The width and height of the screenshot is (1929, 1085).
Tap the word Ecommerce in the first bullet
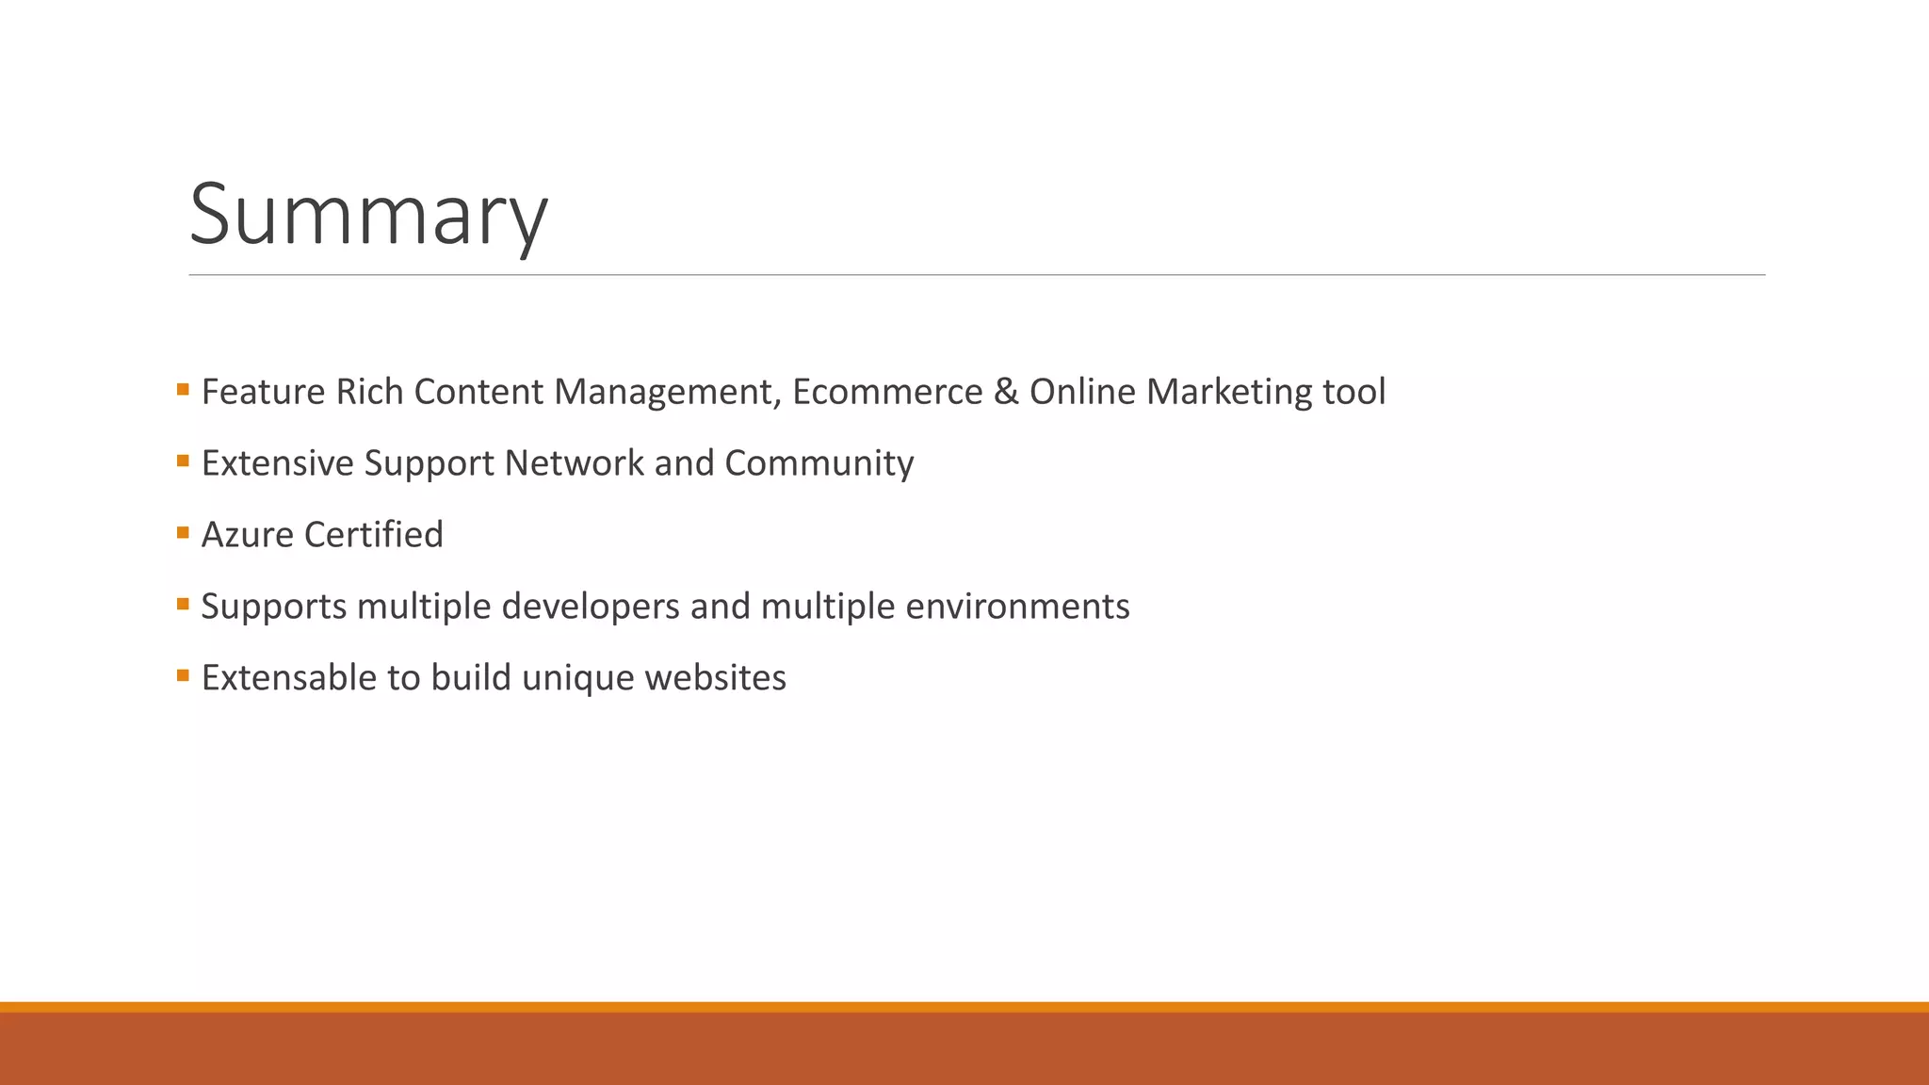pos(887,392)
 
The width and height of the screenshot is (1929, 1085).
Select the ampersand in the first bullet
pos(1006,392)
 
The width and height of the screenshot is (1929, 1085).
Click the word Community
pos(819,463)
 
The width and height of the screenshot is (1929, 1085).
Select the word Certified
pos(373,535)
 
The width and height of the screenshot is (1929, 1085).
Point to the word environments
pos(1017,607)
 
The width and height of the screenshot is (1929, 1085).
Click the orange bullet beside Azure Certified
pos(183,532)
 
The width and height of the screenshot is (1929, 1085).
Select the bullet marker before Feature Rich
pos(183,389)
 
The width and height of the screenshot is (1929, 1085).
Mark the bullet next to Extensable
pos(183,675)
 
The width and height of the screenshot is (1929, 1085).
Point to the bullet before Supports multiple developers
pos(183,604)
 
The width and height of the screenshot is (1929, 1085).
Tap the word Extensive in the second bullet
pos(277,463)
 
